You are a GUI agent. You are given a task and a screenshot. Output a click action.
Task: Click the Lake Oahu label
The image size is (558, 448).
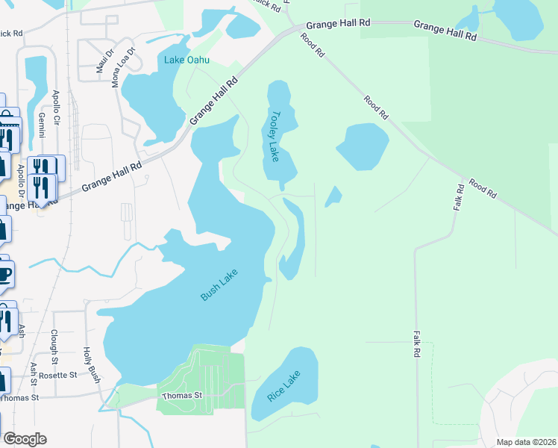[x=188, y=60]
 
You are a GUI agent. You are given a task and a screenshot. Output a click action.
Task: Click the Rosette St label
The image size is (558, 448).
[x=59, y=375]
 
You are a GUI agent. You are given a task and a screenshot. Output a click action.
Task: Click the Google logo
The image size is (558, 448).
[x=25, y=439]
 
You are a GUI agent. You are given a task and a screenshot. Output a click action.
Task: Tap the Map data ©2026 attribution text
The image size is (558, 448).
[x=526, y=442]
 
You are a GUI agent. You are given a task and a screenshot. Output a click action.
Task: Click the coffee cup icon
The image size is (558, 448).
[x=4, y=273]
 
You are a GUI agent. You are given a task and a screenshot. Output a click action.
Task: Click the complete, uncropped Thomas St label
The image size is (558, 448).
[x=183, y=395]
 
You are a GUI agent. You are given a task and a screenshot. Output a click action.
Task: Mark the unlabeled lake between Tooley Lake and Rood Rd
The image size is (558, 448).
[x=363, y=146]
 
